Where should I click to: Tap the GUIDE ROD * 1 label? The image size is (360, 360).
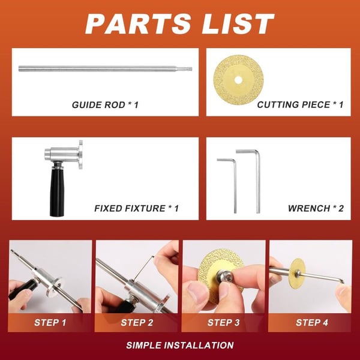point(105,104)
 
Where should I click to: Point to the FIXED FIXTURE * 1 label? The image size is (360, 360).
point(136,208)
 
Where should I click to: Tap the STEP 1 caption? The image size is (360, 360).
point(50,322)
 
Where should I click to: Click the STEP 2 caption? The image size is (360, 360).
point(137,322)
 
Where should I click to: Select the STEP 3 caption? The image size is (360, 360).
point(223,322)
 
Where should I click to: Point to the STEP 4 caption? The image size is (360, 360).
point(311,322)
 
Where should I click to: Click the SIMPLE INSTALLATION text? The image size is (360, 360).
point(180,346)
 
